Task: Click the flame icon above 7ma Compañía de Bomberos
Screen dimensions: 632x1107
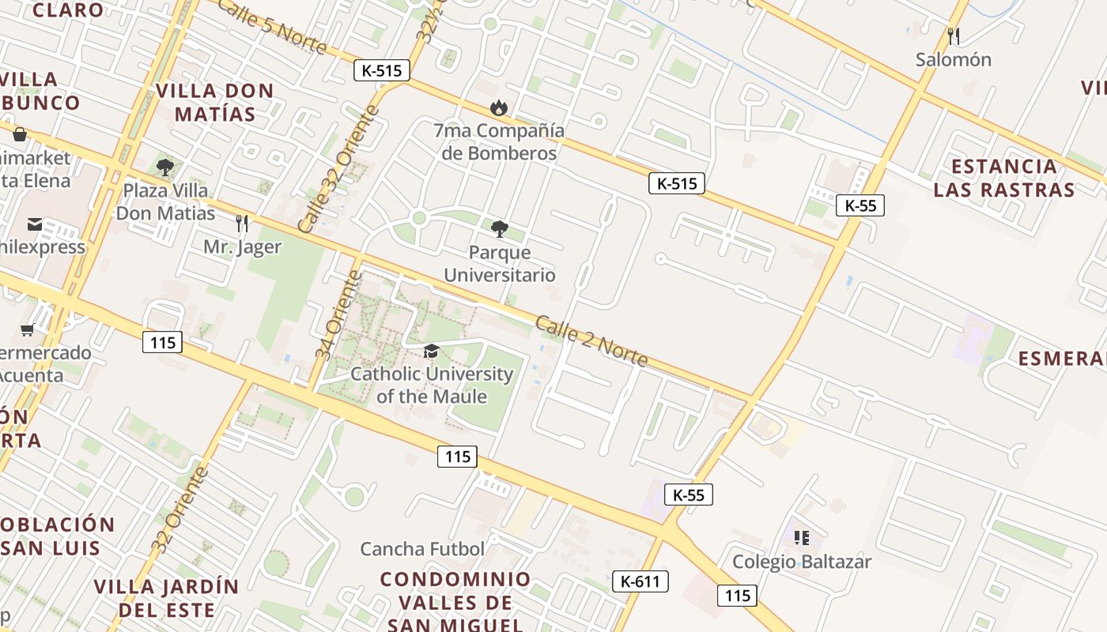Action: (498, 107)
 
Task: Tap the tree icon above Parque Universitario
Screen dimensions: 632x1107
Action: (499, 229)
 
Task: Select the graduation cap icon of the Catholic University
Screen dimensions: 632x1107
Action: (431, 351)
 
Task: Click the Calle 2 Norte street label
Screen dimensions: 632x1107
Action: (591, 340)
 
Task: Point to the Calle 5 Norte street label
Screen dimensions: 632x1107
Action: (271, 27)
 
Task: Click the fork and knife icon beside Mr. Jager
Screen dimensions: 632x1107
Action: (242, 224)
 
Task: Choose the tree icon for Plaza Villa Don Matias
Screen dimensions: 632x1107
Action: (165, 167)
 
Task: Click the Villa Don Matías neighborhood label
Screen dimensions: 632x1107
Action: (215, 102)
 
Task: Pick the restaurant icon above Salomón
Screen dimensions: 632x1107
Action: (954, 36)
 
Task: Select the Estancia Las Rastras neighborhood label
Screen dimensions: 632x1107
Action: (1004, 178)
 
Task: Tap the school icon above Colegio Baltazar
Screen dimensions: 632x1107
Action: (802, 538)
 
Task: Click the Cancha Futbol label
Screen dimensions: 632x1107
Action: (422, 548)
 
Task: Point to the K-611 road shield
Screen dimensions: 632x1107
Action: (640, 581)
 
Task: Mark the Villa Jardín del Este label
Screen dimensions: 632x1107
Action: (166, 598)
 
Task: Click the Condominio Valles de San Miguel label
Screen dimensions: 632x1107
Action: (455, 601)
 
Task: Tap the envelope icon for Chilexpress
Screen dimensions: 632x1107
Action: (35, 224)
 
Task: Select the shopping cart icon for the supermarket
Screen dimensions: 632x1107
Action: (28, 329)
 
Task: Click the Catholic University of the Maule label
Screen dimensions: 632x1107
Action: (432, 385)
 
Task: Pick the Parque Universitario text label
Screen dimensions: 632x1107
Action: (500, 263)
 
